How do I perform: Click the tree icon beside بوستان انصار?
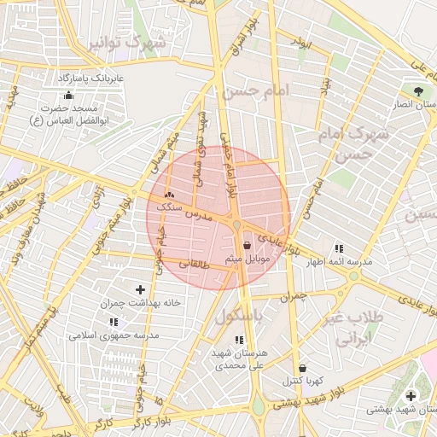[x=417, y=90]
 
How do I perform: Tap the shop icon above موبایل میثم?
[x=248, y=245]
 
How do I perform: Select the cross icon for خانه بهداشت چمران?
[x=141, y=290]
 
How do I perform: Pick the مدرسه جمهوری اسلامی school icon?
[x=114, y=322]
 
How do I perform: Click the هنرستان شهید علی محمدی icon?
[x=238, y=340]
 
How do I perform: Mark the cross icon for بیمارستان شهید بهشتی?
[x=411, y=396]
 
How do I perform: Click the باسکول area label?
[x=238, y=315]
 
